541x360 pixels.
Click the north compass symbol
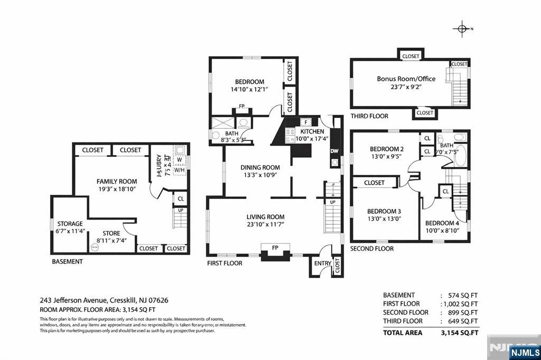click(462, 29)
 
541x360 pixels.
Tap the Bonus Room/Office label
click(406, 79)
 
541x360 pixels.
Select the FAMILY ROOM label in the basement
click(117, 181)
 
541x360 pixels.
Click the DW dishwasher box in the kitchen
click(334, 151)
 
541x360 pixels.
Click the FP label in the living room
click(275, 247)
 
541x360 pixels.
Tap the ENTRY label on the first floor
click(322, 263)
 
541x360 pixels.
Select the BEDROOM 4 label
click(442, 223)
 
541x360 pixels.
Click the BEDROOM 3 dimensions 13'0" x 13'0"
click(384, 218)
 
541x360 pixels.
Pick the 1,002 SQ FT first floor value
click(459, 304)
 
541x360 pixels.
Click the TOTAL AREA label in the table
click(403, 333)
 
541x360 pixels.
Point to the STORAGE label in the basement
click(70, 224)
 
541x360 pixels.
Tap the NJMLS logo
click(524, 352)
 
